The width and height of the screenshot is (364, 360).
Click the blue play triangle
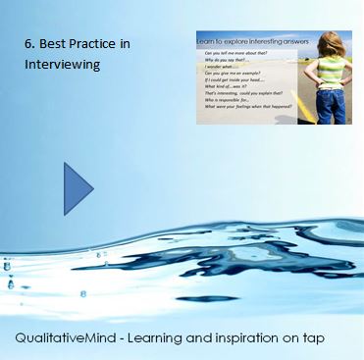(77, 188)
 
